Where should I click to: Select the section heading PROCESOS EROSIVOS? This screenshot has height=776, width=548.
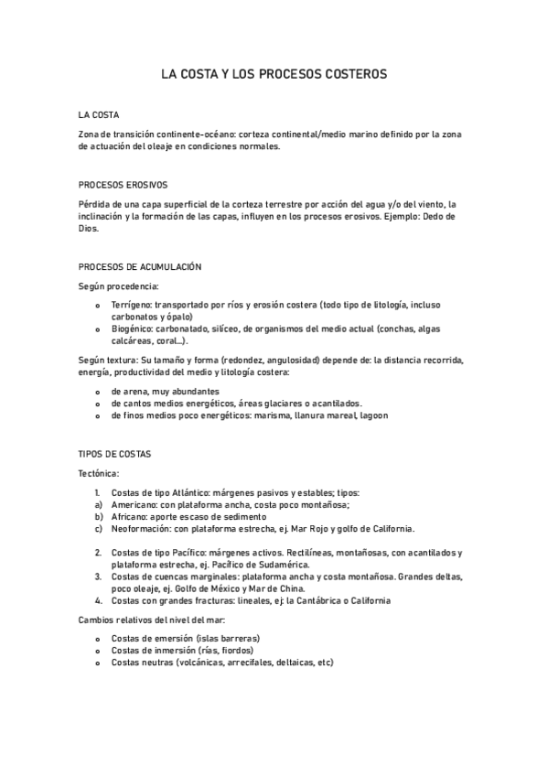(123, 184)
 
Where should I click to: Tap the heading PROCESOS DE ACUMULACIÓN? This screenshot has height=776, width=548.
(140, 266)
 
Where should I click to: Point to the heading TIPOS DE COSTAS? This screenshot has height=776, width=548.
(114, 454)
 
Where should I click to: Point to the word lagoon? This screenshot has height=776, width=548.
(373, 415)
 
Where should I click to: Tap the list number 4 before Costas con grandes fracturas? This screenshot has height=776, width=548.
(98, 600)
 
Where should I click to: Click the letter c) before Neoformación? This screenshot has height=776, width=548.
(98, 528)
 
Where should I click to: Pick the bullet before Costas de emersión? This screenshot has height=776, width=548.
(98, 638)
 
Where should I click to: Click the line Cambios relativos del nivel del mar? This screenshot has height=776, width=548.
(145, 620)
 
